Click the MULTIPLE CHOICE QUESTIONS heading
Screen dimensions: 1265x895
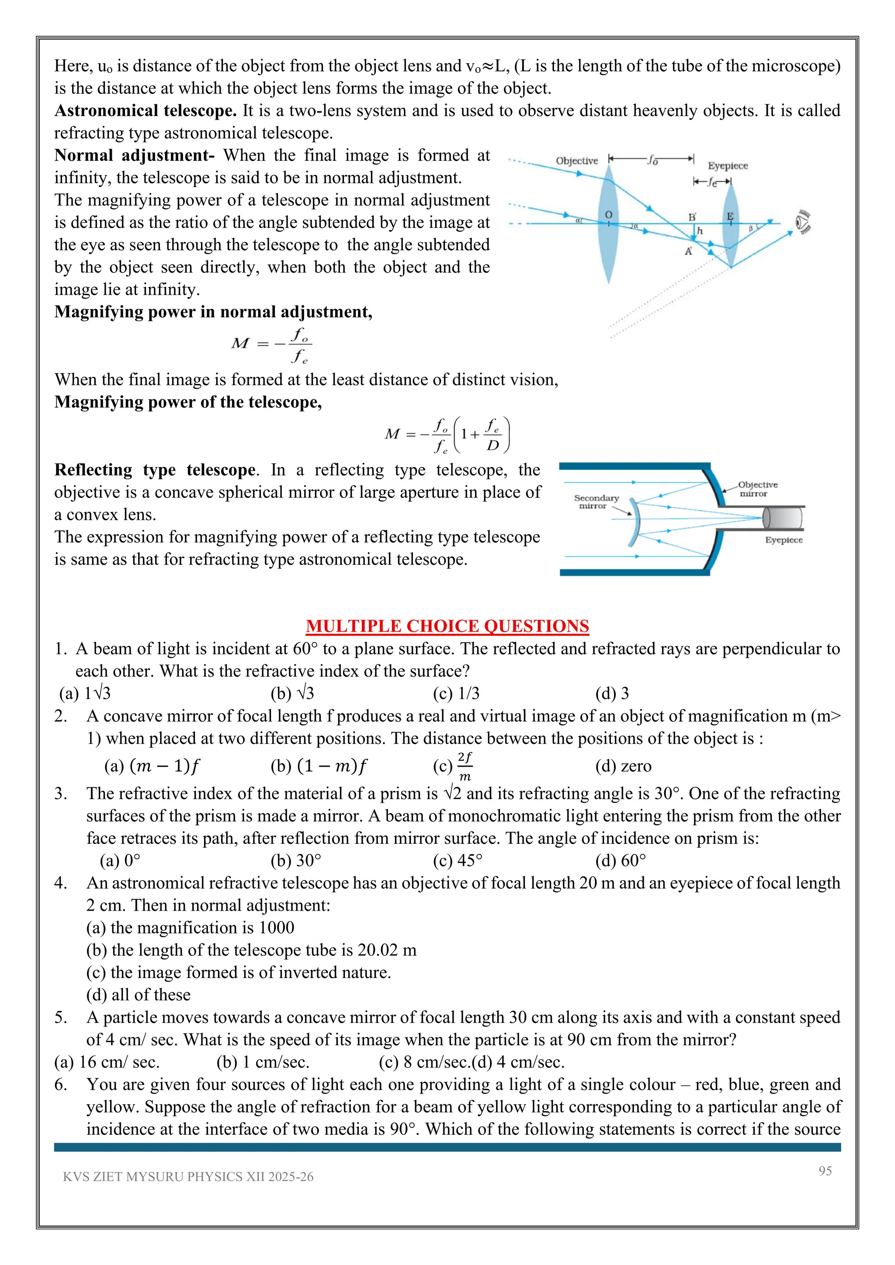(x=447, y=626)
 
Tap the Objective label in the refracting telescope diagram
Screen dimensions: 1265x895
(x=576, y=161)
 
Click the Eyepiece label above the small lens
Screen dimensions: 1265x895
(x=728, y=166)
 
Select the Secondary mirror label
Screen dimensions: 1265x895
(x=596, y=501)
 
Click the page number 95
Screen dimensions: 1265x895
(x=825, y=1171)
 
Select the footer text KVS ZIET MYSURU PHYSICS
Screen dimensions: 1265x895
(x=188, y=1177)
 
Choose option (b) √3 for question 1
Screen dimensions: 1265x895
(x=292, y=693)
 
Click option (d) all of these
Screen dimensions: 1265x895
(x=139, y=995)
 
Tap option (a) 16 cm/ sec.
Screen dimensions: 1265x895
(x=107, y=1062)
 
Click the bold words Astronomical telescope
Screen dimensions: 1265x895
(x=146, y=111)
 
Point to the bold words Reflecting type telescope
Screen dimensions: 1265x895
(x=155, y=470)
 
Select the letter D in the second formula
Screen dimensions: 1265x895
(x=493, y=445)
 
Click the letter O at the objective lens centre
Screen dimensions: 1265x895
(x=608, y=215)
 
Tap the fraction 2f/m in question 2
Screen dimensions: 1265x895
(x=465, y=766)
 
